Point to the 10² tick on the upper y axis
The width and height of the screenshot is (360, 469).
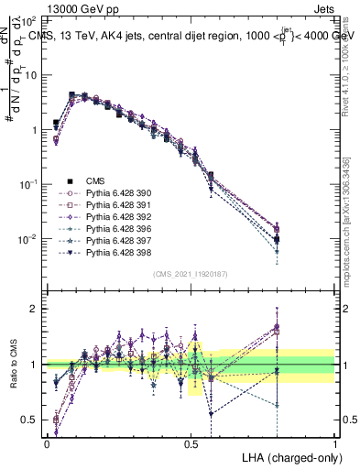[29, 19]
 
